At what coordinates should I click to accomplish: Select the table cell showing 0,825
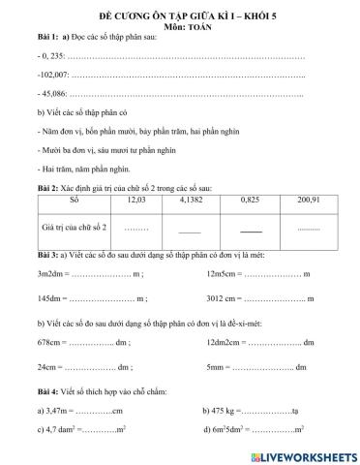(251, 200)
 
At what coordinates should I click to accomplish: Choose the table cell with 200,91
(309, 200)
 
